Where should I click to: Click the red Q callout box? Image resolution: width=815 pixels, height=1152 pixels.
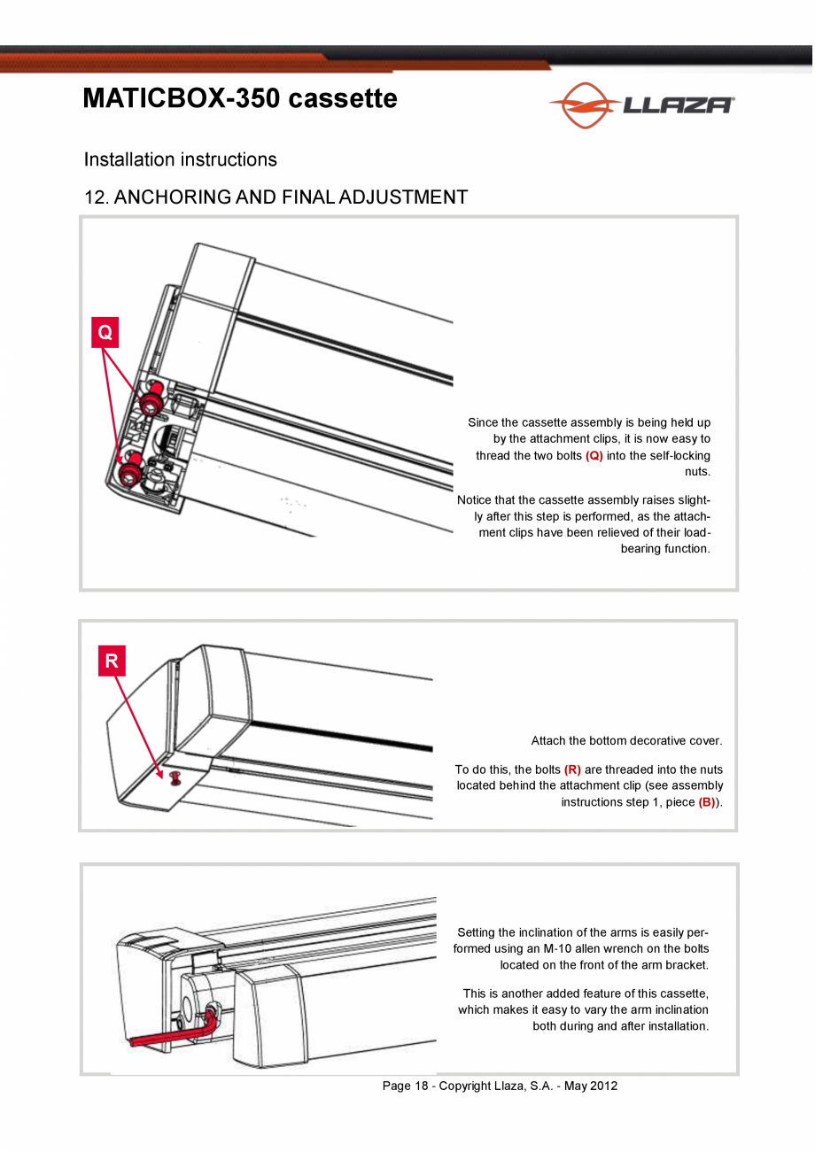click(x=105, y=333)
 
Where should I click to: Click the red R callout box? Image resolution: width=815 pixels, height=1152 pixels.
click(x=112, y=661)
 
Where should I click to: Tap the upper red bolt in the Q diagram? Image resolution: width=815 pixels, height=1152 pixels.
click(x=150, y=398)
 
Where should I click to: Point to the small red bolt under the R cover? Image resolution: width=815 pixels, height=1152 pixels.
click(x=175, y=778)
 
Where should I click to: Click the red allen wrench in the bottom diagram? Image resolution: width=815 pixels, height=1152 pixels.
click(x=168, y=1033)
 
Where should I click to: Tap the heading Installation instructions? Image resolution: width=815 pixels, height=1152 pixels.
click(x=180, y=159)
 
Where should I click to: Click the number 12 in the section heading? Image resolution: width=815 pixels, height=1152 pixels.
click(x=95, y=197)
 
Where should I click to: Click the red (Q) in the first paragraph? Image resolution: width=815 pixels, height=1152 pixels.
click(x=594, y=456)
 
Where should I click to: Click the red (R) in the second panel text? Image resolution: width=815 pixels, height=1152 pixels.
click(x=572, y=769)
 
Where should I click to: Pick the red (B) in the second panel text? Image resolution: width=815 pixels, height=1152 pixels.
click(x=707, y=802)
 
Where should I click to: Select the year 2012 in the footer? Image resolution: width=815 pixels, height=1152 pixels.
click(x=603, y=1086)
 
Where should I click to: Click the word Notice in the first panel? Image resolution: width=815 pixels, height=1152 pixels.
click(x=476, y=500)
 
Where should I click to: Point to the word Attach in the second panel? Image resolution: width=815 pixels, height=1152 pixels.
click(x=549, y=741)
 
